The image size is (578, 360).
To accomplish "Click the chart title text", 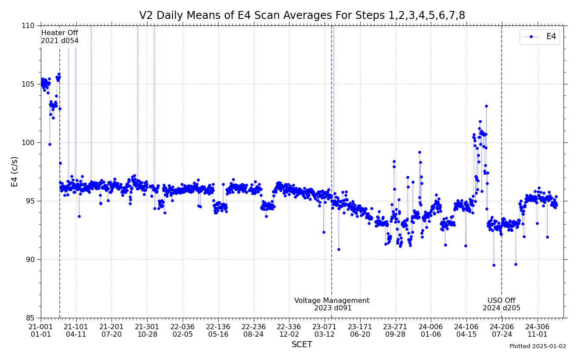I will [302, 16].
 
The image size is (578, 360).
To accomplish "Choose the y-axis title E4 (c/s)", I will [15, 171].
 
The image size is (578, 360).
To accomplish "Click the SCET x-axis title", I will [302, 345].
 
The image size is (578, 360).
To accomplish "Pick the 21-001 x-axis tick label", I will [41, 327].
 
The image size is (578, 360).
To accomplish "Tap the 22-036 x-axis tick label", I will [182, 327].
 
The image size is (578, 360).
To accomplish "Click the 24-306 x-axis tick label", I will [537, 327].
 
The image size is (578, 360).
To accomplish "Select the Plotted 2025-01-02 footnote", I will [538, 346].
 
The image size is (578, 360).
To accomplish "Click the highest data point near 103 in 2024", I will [486, 106].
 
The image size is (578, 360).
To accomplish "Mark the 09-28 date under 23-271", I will [395, 335].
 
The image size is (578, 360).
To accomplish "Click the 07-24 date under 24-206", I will [502, 335].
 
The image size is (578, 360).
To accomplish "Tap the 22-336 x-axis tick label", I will [289, 327].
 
